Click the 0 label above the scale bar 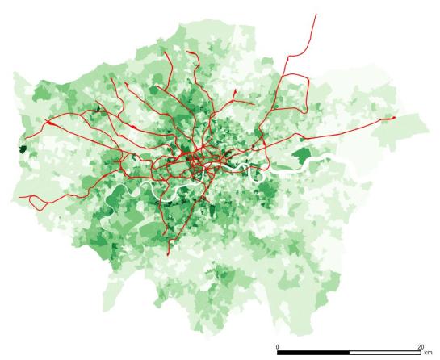pyautogui.click(x=278, y=346)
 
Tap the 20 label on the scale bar pyautogui.click(x=420, y=346)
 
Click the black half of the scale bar pyautogui.click(x=313, y=353)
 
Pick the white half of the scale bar pyautogui.click(x=385, y=353)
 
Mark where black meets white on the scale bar pyautogui.click(x=350, y=353)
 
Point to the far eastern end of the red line pyautogui.click(x=395, y=117)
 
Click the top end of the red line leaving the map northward pyautogui.click(x=316, y=14)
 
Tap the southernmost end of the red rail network pyautogui.click(x=168, y=255)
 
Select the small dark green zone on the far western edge pyautogui.click(x=23, y=149)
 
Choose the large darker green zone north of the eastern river pyautogui.click(x=302, y=154)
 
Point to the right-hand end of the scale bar pyautogui.click(x=421, y=353)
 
